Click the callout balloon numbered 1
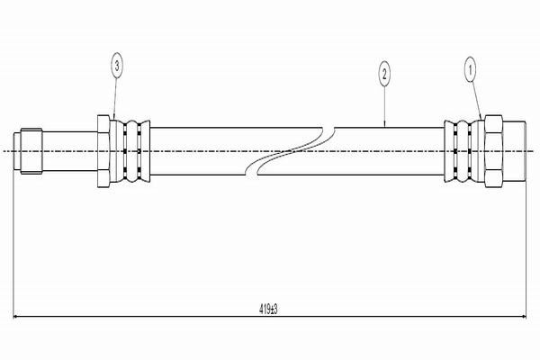[x=470, y=70]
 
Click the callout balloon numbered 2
[x=384, y=74]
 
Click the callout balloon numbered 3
[x=117, y=65]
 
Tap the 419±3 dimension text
[x=268, y=310]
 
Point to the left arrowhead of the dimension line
[x=16, y=317]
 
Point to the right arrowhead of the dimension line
[x=523, y=317]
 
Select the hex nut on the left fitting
[x=103, y=151]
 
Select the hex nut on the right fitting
[x=493, y=151]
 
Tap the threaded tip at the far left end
[x=28, y=151]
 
